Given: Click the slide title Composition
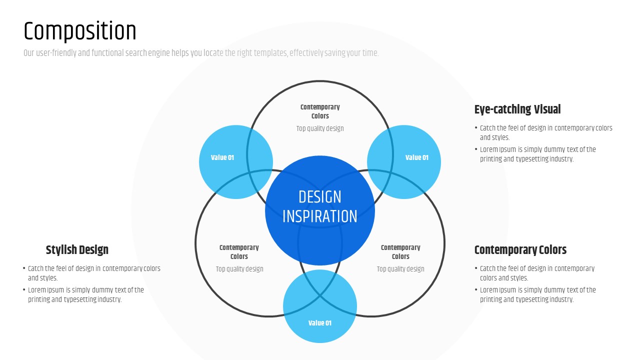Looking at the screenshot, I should coord(80,31).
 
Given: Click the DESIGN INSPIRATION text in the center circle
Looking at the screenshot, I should coord(320,206).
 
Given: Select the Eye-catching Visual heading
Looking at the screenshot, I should coord(517,109).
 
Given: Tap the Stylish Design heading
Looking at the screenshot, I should coord(77,250).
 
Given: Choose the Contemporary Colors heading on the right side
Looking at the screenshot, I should coord(520,250).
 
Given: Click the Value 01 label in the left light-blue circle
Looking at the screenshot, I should coord(222,157).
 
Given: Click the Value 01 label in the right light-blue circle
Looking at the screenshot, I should coord(416,157).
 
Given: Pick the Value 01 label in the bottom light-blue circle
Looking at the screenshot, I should coord(320,323).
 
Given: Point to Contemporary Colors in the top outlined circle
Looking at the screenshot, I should coord(320,111).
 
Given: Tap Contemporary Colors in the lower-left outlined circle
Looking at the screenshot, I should coord(239,252).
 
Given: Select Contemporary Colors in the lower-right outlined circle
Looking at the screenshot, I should coord(400,252).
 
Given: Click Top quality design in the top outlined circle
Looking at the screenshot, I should coord(320,128).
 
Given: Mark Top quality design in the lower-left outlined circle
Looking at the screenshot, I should coord(239,269).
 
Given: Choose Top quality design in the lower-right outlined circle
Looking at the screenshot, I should coord(400,269).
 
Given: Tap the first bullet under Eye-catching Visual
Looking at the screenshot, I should coord(545,132).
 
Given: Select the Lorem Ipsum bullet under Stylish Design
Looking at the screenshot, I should coord(85,294).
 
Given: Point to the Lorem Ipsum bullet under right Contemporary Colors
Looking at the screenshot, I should coord(537,294).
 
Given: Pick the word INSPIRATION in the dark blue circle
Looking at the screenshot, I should coord(320,216).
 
